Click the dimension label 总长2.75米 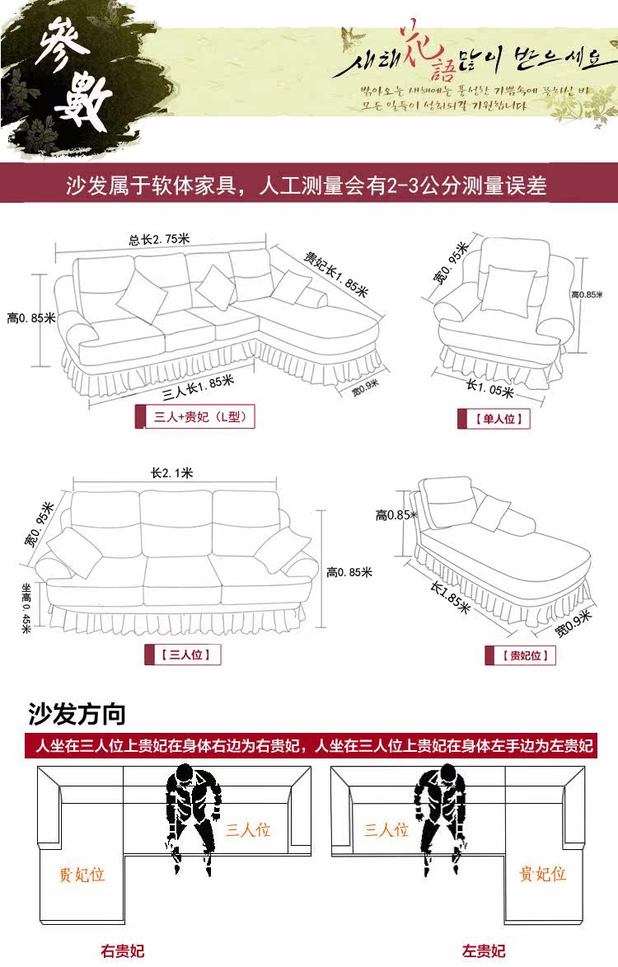click(159, 240)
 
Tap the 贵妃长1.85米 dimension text click(335, 274)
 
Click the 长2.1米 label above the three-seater click(171, 473)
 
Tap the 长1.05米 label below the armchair click(490, 388)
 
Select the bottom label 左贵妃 click(484, 951)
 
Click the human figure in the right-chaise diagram click(194, 816)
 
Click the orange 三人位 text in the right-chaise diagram click(248, 829)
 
